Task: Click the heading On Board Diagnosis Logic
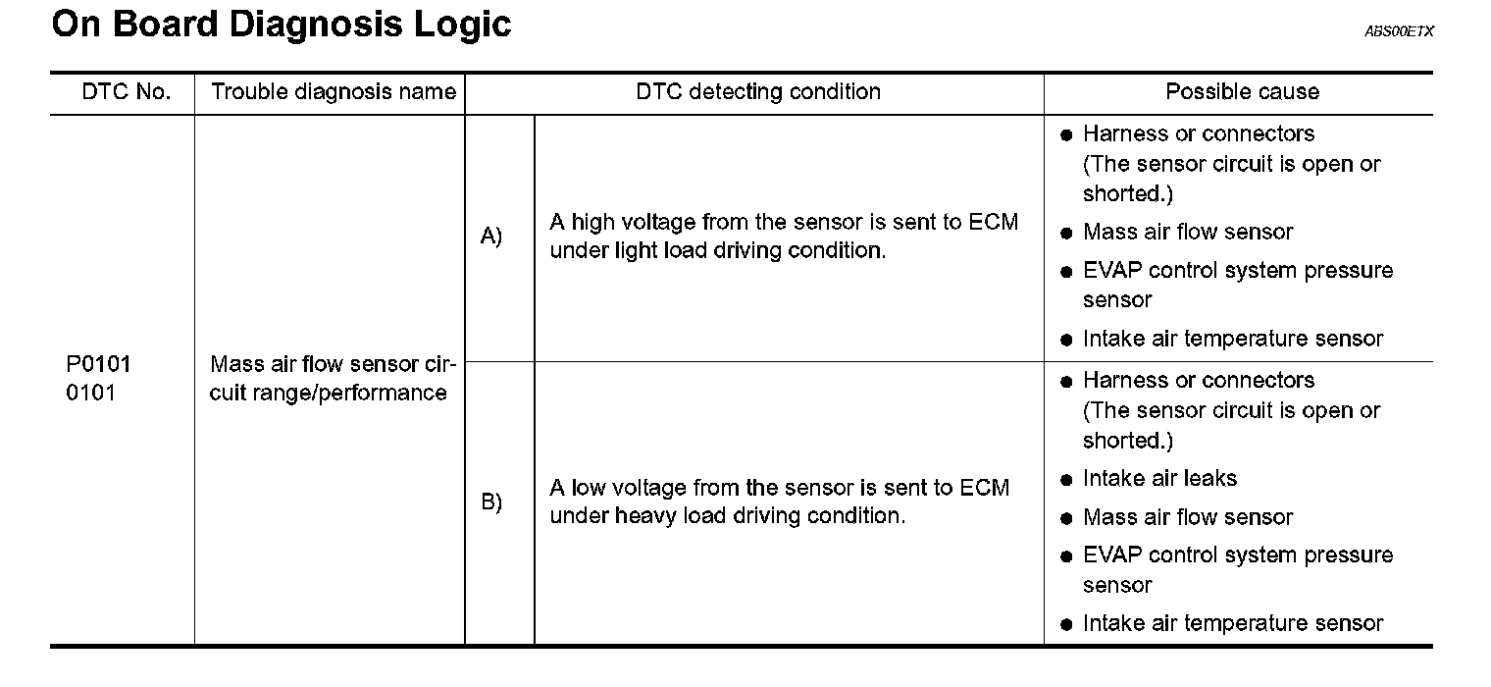point(281,25)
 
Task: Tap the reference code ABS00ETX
point(1399,32)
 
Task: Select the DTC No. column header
point(126,92)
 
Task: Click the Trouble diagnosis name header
point(334,92)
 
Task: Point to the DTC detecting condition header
point(757,92)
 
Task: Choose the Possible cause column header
point(1242,92)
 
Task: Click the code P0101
point(99,365)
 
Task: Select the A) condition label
point(490,237)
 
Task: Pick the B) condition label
point(490,502)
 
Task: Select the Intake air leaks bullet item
point(1159,479)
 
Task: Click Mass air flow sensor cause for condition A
point(1188,233)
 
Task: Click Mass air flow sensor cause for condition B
point(1188,517)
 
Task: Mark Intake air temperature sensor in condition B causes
point(1233,623)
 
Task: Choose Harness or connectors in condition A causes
point(1199,133)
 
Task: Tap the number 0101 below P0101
point(91,394)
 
